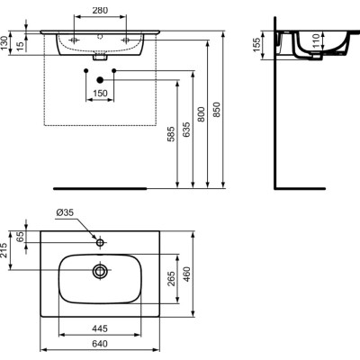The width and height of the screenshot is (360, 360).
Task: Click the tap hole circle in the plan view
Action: pos(99,242)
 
